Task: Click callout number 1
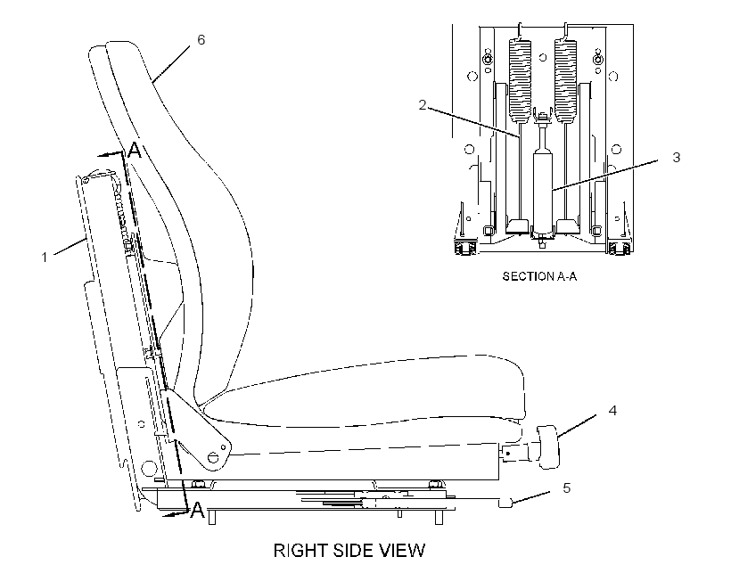click(45, 257)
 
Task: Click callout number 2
click(423, 105)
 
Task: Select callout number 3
click(676, 157)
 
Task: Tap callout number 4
click(612, 410)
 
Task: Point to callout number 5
click(566, 488)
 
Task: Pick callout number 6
click(201, 39)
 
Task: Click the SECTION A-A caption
click(539, 276)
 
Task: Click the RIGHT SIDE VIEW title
click(349, 551)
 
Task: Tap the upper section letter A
click(135, 151)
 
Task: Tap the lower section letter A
click(198, 510)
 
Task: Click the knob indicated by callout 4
click(549, 446)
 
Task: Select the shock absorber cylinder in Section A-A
click(543, 191)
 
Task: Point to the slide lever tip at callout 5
click(505, 503)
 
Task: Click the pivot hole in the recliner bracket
click(212, 457)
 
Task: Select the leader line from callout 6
click(171, 64)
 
